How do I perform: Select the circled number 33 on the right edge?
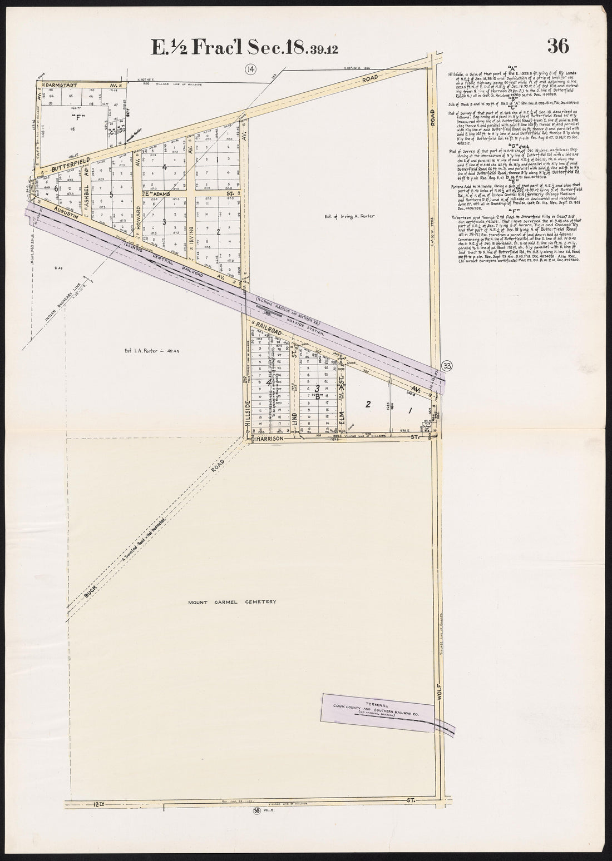point(446,365)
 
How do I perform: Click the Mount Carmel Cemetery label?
point(231,601)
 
